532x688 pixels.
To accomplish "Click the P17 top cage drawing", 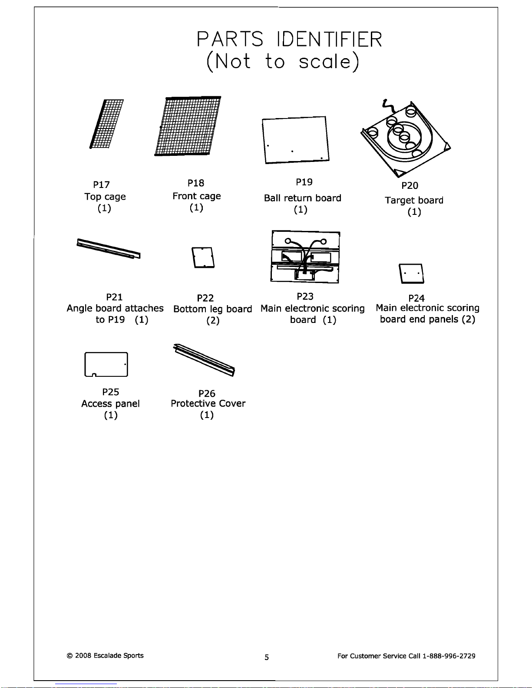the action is [106, 124].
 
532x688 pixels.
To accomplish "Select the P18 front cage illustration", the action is [188, 126].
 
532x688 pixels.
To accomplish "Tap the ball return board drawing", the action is [295, 140].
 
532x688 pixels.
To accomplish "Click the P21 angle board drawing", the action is [108, 249].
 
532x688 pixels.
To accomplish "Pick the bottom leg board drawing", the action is [203, 257].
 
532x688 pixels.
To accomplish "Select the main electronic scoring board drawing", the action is [305, 257].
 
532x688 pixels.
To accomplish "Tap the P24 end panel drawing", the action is [411, 273].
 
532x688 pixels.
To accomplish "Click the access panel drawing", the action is [106, 364].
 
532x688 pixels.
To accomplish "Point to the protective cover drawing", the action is [204, 360].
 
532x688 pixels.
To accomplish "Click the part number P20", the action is [410, 185].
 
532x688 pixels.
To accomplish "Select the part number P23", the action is [305, 296].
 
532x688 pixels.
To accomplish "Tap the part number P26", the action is [207, 394].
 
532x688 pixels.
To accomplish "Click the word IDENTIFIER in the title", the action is [329, 39].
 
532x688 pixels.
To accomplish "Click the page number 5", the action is [267, 658].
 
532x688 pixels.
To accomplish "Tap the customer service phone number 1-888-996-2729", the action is [449, 656].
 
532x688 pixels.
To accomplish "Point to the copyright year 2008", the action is [83, 656].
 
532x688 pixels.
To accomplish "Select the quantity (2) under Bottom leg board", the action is [213, 321].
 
